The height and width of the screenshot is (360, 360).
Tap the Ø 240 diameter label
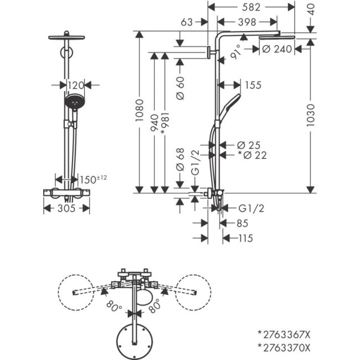pos(275,49)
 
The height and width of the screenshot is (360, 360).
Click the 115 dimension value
pos(243,238)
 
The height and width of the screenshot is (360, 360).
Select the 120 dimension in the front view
pos(75,85)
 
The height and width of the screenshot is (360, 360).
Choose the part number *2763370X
pos(284,347)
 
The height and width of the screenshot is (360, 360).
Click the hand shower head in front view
pos(73,102)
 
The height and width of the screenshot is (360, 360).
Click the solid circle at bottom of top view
pos(133,338)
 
